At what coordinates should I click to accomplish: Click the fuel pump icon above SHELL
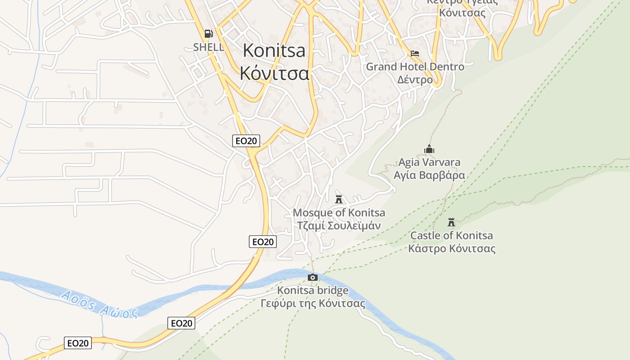tap(208, 33)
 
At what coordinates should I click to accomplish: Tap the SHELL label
tap(208, 47)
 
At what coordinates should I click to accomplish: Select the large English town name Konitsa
tap(274, 50)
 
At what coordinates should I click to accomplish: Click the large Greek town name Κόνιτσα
tap(274, 73)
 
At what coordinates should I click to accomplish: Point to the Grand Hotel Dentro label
tap(415, 67)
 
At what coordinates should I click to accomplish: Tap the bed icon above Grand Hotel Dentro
tap(415, 54)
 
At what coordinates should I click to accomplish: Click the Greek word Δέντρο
tap(415, 80)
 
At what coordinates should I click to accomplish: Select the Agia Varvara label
tap(429, 162)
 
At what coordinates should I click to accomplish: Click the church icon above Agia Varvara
tap(429, 149)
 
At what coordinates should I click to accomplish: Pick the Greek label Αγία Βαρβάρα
tap(429, 175)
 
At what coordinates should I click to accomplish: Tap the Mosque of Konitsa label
tap(339, 212)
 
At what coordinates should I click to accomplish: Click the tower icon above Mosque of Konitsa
tap(339, 199)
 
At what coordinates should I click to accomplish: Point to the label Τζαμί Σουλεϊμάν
tap(339, 225)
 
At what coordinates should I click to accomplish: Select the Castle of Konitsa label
tap(451, 235)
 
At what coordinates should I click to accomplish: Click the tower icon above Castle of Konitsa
tap(451, 222)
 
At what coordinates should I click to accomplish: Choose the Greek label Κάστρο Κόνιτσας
tap(452, 248)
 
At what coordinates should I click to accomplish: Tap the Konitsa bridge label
tap(313, 291)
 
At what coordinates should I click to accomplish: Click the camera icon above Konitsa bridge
tap(313, 277)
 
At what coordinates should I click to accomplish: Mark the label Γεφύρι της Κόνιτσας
tap(313, 303)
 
